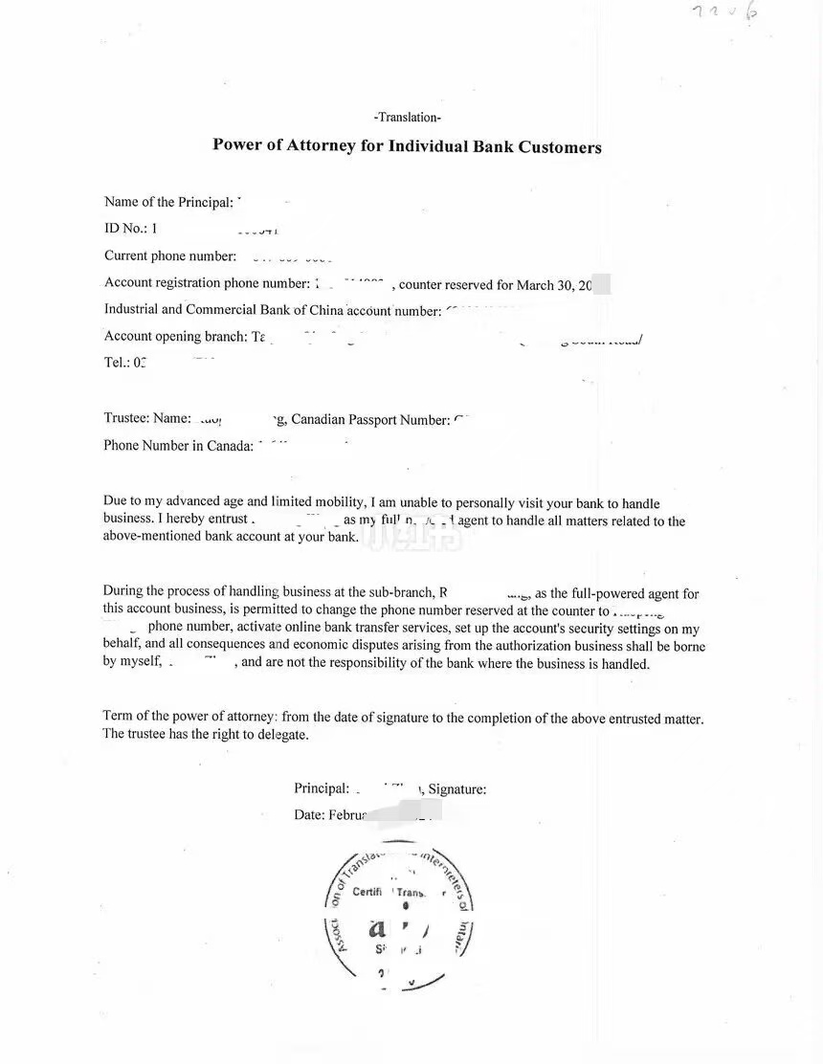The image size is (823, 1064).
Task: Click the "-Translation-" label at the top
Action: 408,118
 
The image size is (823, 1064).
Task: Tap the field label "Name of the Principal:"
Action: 168,202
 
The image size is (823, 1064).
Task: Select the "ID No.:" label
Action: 123,229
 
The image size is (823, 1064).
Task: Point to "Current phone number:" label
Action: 170,255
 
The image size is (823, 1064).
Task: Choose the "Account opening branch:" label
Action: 176,336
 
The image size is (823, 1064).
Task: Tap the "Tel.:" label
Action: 116,363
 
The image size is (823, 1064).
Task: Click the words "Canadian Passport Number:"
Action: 370,419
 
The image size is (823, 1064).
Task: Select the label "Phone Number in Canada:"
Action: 178,445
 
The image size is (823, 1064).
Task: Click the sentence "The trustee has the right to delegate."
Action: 206,735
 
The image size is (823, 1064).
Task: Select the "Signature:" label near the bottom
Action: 457,789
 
